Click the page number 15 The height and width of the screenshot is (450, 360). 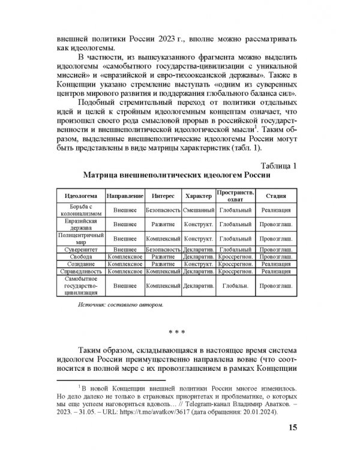tap(292, 427)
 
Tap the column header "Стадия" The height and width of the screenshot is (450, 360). tap(277, 196)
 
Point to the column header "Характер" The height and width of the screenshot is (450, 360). tap(199, 196)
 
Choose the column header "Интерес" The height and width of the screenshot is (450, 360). tap(163, 196)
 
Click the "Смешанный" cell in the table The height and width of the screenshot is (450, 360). tap(199, 211)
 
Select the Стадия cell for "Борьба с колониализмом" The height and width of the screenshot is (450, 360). tap(277, 211)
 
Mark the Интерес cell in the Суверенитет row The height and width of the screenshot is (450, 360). tap(163, 248)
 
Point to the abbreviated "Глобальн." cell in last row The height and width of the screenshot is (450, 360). tap(235, 287)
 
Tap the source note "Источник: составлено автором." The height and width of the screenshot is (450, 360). tap(120, 305)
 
